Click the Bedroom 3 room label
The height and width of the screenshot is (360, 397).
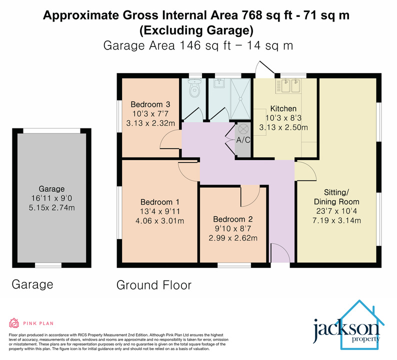click(150, 104)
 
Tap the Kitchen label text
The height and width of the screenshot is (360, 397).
click(283, 108)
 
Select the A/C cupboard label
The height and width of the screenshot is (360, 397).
click(243, 140)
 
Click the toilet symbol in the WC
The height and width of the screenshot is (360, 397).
click(194, 89)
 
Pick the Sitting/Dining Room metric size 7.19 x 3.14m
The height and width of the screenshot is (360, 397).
click(336, 220)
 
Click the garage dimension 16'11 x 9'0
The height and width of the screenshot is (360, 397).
click(52, 198)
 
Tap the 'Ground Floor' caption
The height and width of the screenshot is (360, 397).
click(153, 285)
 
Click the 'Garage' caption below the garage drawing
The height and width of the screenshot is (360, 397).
click(32, 285)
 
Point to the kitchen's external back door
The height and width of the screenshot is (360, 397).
click(262, 68)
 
